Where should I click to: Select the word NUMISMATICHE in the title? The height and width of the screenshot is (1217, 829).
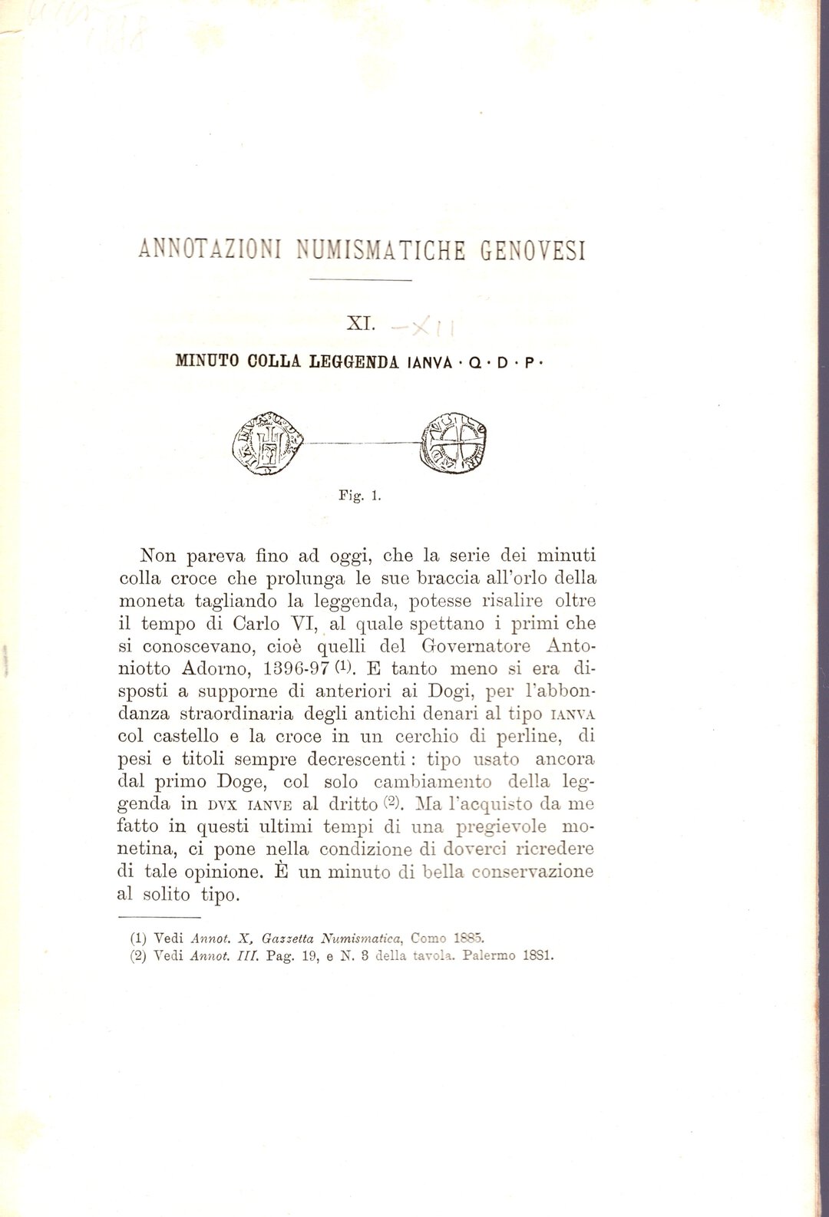381,250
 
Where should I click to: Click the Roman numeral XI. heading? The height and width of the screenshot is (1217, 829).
360,324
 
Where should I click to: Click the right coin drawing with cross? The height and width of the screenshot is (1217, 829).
454,444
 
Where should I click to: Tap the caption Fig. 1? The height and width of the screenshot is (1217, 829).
360,496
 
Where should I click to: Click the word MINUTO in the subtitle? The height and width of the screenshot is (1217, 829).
207,361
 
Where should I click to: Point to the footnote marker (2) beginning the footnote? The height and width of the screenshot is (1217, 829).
139,956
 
